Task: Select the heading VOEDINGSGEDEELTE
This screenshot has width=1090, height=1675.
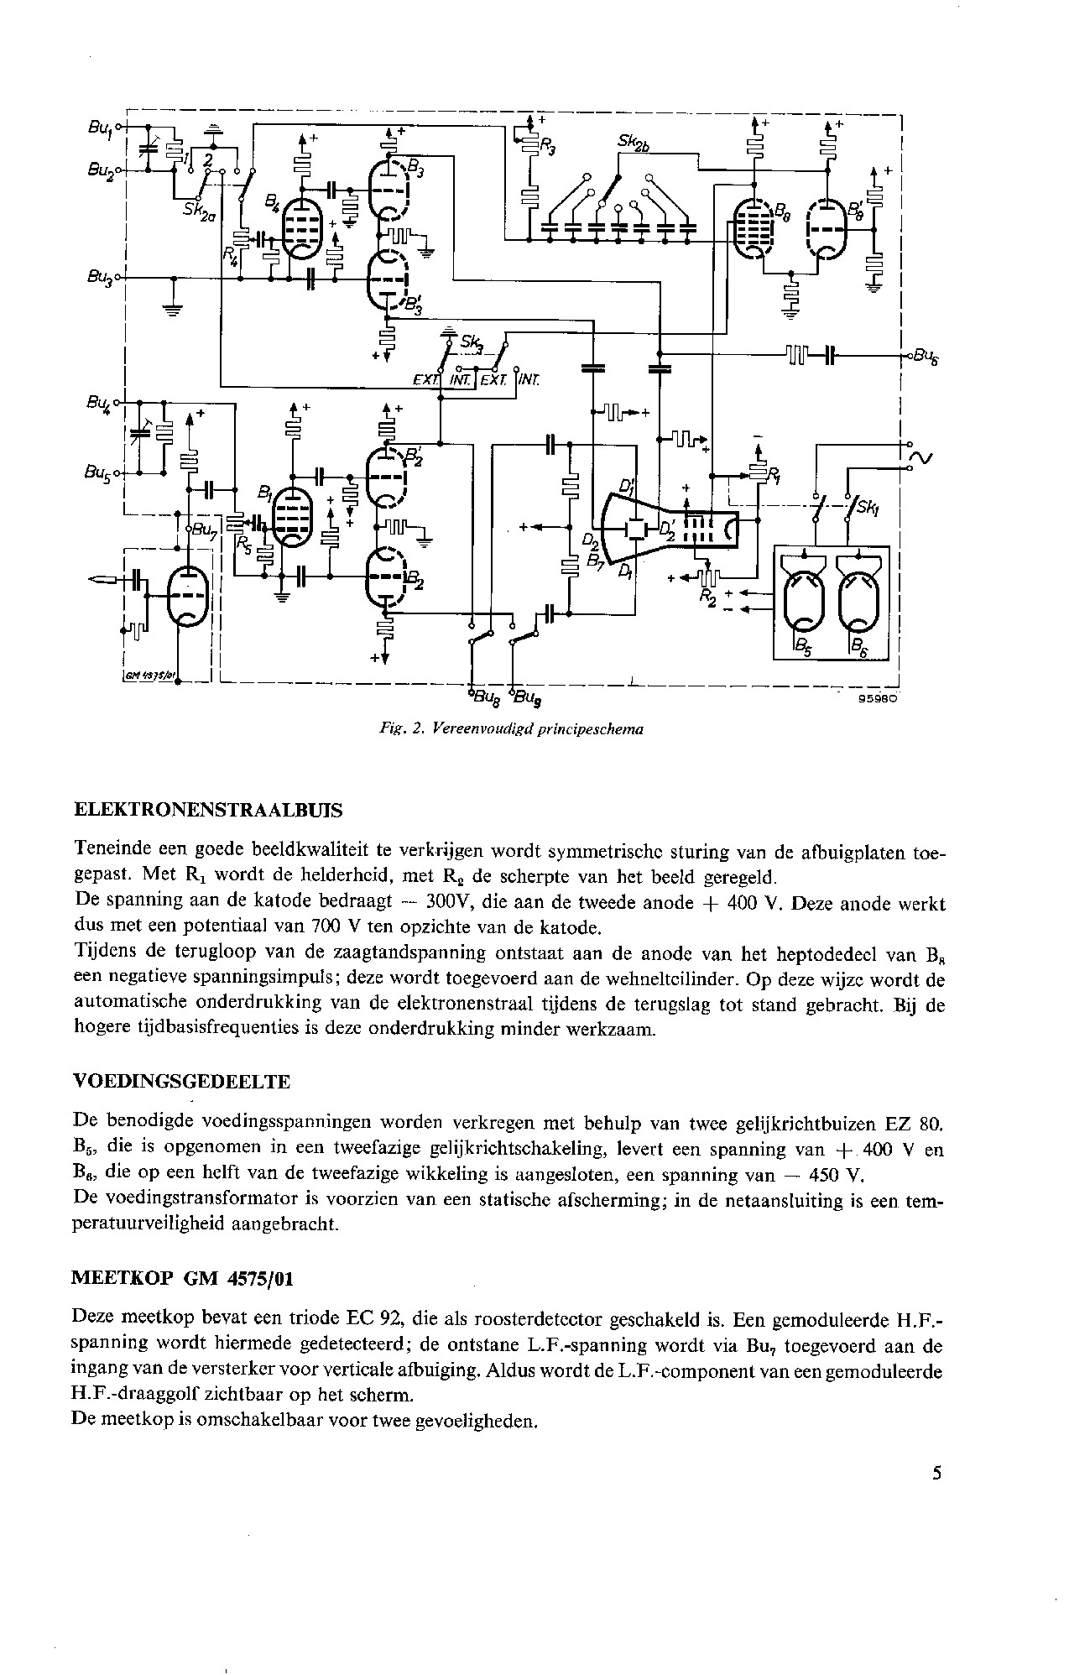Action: coord(182,1083)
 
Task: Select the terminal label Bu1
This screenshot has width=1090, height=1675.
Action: coord(99,128)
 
